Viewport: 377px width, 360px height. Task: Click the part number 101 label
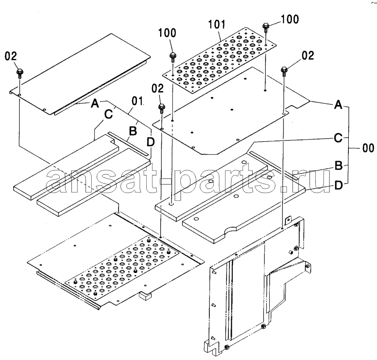(217, 25)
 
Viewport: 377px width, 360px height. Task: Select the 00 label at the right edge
(368, 148)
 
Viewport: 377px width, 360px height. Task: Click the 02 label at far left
(11, 56)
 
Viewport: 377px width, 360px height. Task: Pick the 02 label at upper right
(308, 56)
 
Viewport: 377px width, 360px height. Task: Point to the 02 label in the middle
(158, 88)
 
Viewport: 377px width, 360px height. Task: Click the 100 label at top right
(290, 19)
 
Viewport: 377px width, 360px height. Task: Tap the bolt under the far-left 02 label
(19, 73)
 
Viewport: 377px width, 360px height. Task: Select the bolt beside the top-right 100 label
(265, 27)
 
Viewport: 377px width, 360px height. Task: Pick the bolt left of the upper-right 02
(284, 72)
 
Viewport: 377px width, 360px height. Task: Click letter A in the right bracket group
(338, 105)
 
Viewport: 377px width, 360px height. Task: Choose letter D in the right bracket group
(338, 185)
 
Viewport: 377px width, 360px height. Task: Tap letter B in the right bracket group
(338, 165)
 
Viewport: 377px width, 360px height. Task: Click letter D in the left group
(151, 142)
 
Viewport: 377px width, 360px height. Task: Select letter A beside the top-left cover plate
(95, 104)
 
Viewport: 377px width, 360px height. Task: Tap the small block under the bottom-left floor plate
(146, 296)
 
